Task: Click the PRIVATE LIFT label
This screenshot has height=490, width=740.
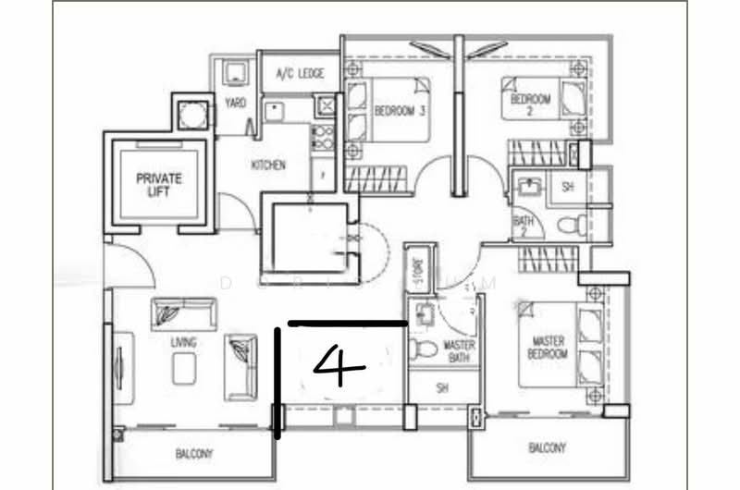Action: tap(159, 184)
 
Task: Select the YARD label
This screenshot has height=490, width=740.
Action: tap(236, 103)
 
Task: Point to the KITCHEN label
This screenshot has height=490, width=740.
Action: tap(268, 165)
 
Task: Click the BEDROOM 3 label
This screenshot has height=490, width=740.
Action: tap(400, 112)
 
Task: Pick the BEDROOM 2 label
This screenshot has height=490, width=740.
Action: tap(531, 104)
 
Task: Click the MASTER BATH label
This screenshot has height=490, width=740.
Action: tap(459, 351)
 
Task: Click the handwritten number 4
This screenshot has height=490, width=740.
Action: tap(339, 366)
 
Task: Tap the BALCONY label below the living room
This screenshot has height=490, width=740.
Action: tap(194, 454)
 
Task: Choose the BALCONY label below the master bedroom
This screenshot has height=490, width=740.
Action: tap(547, 448)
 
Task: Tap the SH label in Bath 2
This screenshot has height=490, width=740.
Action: tap(567, 186)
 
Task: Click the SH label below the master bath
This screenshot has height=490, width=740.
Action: tap(443, 389)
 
